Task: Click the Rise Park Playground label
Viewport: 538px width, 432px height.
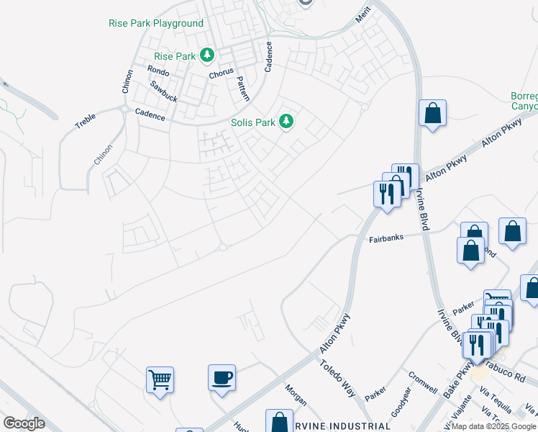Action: (x=156, y=23)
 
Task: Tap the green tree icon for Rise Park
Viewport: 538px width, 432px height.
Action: (x=208, y=55)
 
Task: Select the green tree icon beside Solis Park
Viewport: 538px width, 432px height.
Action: (x=286, y=121)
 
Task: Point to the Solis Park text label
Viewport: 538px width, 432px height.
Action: (x=253, y=122)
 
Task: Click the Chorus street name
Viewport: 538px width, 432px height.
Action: (x=222, y=74)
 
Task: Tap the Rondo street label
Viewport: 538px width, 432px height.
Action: (x=158, y=71)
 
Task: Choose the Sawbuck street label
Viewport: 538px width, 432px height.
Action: (x=163, y=91)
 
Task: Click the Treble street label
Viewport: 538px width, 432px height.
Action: (x=85, y=120)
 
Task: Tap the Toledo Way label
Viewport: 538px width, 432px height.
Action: (x=338, y=379)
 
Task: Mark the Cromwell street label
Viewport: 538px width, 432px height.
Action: (x=422, y=382)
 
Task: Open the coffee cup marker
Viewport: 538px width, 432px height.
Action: (x=222, y=377)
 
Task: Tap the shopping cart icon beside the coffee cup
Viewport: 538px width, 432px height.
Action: (x=160, y=379)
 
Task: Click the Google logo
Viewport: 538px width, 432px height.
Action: (x=24, y=423)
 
